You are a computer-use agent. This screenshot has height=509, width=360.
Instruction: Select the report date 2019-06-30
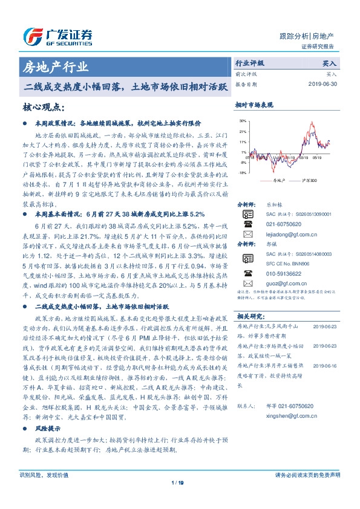click(322, 85)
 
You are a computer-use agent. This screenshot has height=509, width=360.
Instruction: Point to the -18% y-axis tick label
click(242, 173)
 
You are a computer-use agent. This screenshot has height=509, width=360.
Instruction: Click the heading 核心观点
click(42, 107)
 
